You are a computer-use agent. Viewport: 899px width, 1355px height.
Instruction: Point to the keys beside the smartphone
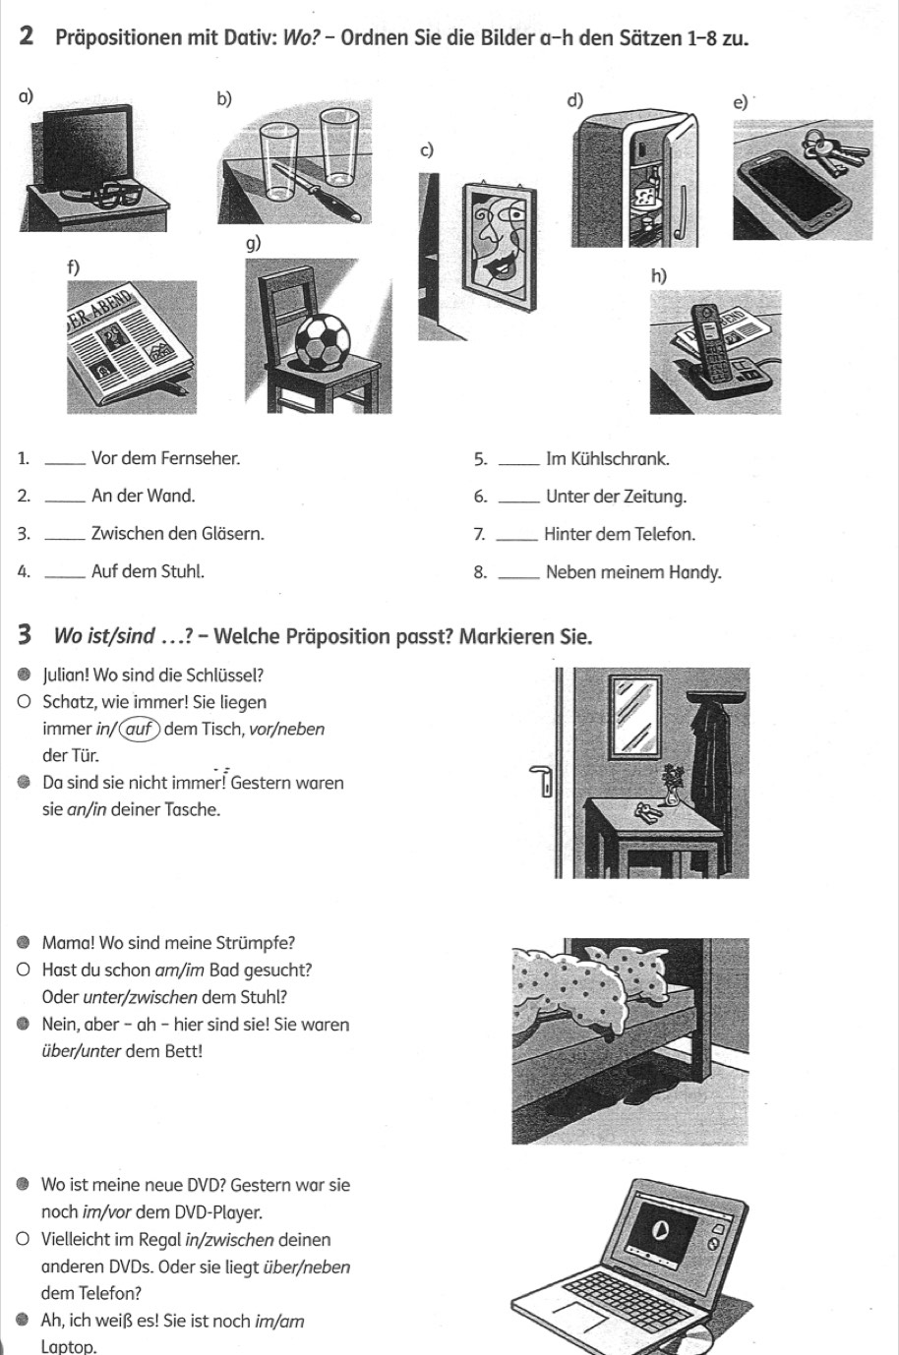coord(835,152)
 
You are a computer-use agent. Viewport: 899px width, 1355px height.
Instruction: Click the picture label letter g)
coord(254,243)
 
